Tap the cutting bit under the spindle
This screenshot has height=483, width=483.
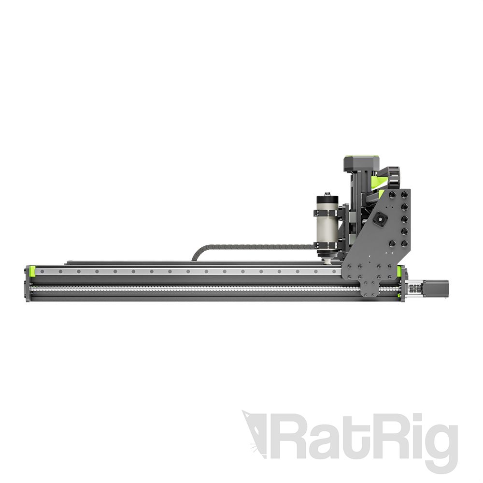tap(327, 262)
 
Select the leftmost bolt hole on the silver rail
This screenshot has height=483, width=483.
tap(42, 271)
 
